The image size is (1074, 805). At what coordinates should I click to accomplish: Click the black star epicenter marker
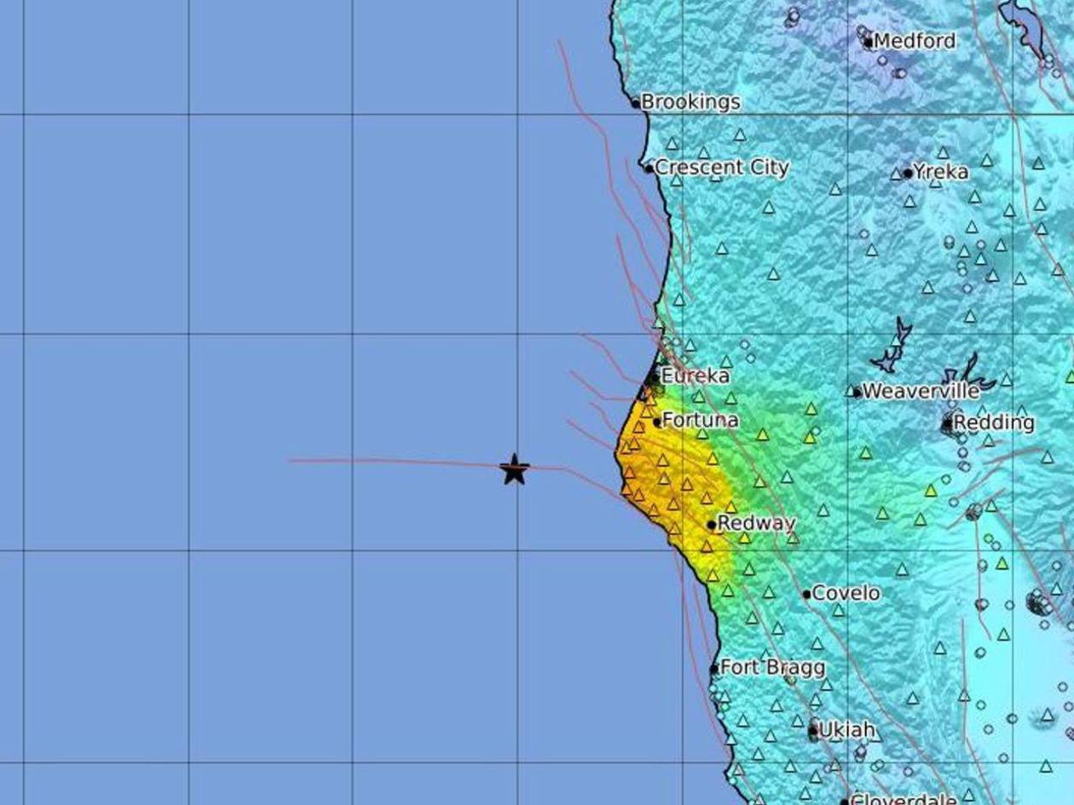(x=514, y=469)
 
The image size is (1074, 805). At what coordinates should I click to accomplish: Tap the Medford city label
(x=915, y=41)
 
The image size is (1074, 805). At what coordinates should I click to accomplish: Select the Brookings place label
(x=690, y=102)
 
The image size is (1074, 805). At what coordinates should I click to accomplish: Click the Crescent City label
(x=721, y=168)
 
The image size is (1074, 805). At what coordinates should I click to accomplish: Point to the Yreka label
(x=941, y=172)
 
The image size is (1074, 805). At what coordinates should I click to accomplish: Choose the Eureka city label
(x=696, y=376)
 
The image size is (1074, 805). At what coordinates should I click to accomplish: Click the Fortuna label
(x=700, y=420)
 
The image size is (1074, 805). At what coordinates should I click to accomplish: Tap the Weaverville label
(x=921, y=391)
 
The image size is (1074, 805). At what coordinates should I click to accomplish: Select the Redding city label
(x=994, y=423)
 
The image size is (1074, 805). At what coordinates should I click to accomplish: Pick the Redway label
(x=757, y=523)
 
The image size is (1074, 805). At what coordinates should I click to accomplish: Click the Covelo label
(x=846, y=593)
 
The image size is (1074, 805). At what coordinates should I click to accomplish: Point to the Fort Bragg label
(x=772, y=667)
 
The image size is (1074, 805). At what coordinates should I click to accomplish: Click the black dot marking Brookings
(x=635, y=103)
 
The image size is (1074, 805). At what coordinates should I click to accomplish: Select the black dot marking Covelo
(x=806, y=594)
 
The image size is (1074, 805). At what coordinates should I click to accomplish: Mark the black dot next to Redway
(x=712, y=525)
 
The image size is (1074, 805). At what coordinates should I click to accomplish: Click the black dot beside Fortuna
(x=657, y=422)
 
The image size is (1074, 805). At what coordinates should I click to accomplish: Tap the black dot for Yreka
(x=908, y=174)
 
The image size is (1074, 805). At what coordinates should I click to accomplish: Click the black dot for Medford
(x=869, y=42)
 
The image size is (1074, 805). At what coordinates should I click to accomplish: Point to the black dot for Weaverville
(x=857, y=393)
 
